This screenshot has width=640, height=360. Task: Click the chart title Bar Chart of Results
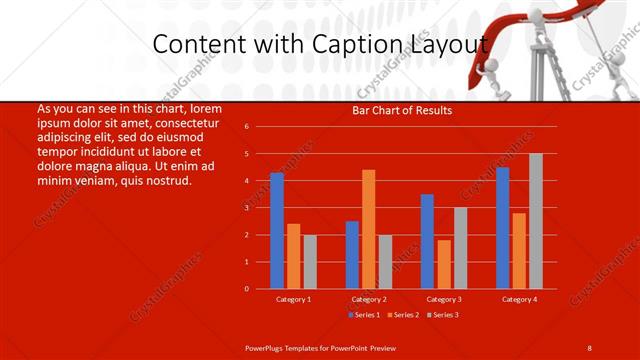(x=402, y=110)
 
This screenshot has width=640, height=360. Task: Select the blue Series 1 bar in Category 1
(x=277, y=230)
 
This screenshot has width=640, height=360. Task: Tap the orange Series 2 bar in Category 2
(x=369, y=229)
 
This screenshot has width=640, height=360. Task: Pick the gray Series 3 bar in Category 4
(x=536, y=221)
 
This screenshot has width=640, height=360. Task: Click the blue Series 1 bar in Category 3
(x=427, y=241)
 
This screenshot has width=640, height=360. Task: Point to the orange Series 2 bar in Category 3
(x=444, y=264)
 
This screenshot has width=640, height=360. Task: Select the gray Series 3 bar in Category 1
(x=310, y=261)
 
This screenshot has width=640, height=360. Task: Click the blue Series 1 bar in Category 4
(x=503, y=227)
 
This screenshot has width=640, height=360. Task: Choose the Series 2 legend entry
(x=403, y=315)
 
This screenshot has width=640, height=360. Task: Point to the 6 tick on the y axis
(x=247, y=127)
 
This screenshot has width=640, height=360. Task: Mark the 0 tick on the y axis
(x=247, y=289)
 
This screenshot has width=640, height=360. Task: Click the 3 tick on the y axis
(x=247, y=208)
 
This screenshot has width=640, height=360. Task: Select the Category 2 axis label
(x=369, y=299)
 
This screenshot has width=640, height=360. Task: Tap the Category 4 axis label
(x=519, y=299)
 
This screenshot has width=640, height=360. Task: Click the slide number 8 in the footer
(x=589, y=347)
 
